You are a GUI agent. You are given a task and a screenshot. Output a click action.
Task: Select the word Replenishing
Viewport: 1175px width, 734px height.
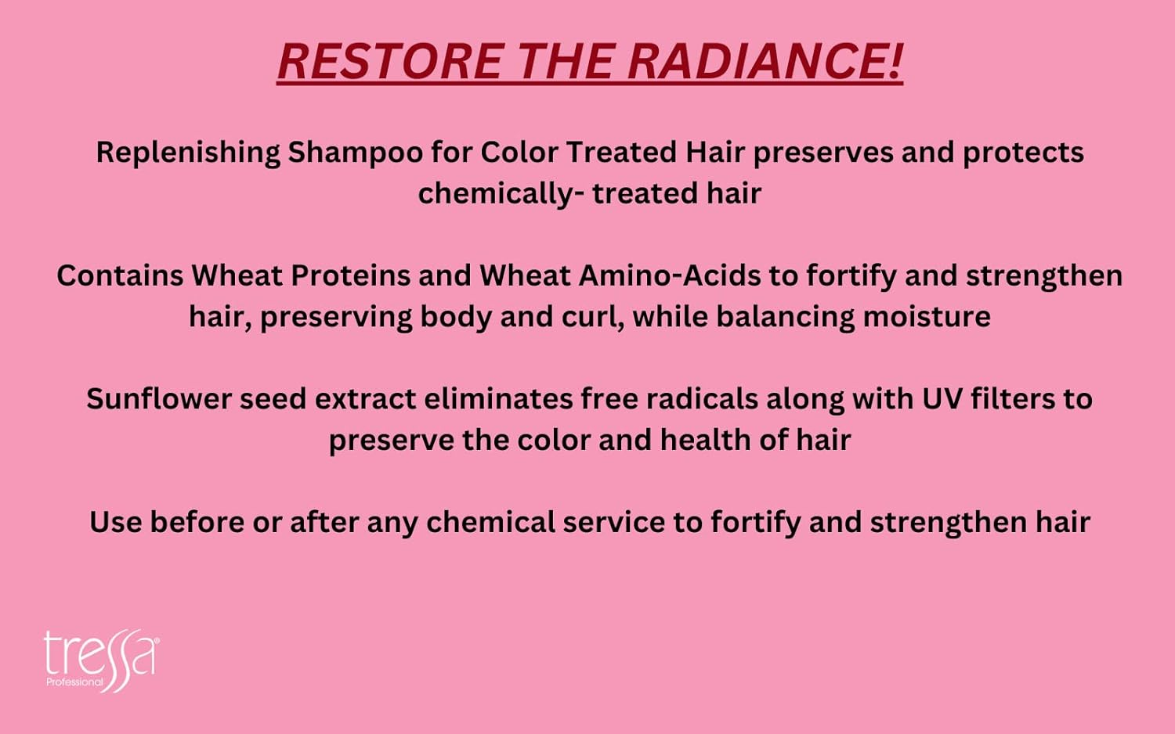coord(188,153)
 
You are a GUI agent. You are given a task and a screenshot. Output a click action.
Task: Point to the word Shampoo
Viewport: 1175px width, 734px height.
coord(356,153)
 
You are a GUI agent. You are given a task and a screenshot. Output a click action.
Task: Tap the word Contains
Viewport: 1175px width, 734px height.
coord(120,276)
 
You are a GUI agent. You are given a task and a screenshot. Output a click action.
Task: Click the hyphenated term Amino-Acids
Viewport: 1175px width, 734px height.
coord(670,276)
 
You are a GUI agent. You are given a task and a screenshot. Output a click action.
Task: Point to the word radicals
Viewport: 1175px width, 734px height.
coord(702,399)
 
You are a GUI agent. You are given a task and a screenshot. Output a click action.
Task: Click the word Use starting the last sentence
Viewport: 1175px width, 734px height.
coord(115,523)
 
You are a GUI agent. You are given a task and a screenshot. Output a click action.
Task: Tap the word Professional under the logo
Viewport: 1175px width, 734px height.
coord(75,682)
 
